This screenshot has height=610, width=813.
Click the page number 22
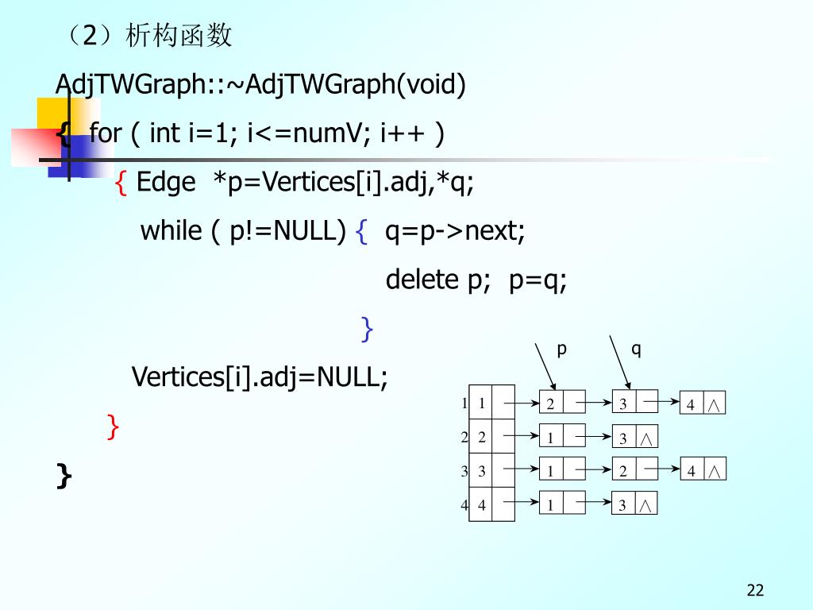tap(755, 589)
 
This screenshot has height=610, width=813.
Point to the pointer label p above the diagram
tap(561, 349)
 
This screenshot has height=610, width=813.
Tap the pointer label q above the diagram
tap(636, 349)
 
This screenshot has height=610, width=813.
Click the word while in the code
tap(171, 231)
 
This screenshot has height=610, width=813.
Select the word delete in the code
tap(421, 280)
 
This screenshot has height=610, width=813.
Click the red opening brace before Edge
tap(121, 183)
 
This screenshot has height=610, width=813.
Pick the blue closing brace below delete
tap(366, 328)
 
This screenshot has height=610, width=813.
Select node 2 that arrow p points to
tap(550, 403)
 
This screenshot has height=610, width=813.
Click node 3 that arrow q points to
tap(623, 403)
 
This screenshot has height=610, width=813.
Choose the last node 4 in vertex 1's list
tap(691, 404)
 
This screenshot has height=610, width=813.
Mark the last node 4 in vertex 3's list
tap(691, 470)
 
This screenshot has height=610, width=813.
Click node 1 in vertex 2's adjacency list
tap(550, 437)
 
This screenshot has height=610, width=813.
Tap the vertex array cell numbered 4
tap(481, 504)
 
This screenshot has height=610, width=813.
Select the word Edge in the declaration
tap(166, 183)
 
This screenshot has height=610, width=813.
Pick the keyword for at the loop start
tap(105, 133)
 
